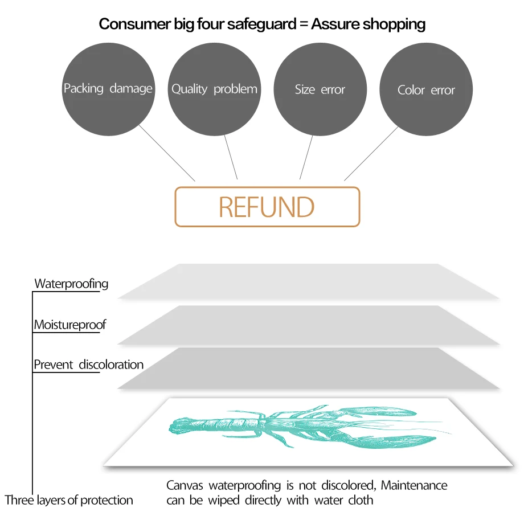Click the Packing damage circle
[108, 89]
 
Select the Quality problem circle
[214, 89]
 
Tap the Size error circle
[320, 89]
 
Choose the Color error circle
[426, 90]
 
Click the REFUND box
[267, 207]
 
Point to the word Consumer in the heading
[130, 24]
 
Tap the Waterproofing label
[71, 284]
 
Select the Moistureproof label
[69, 325]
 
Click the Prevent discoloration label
[88, 365]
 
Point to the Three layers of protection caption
[69, 500]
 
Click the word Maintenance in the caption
[414, 486]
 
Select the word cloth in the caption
[361, 500]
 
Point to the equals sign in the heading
[302, 24]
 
